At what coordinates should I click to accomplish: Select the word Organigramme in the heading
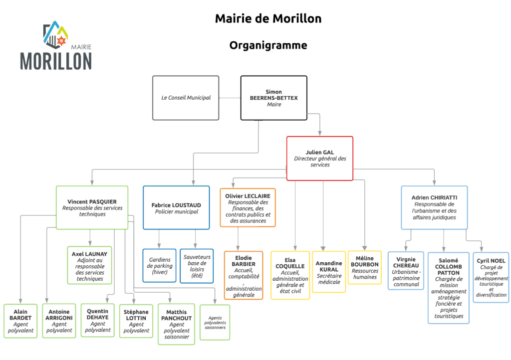(268, 45)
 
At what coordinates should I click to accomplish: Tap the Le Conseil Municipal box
(186, 98)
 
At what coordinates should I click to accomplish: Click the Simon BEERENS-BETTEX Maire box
(273, 98)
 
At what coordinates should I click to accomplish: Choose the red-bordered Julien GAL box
(319, 158)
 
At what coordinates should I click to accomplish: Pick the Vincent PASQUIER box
(92, 207)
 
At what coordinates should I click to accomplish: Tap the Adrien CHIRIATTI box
(434, 207)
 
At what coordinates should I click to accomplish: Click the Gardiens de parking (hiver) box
(160, 266)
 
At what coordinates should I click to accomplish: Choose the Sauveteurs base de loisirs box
(197, 266)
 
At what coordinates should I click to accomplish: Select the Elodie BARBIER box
(244, 275)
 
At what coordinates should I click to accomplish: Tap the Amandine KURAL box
(329, 272)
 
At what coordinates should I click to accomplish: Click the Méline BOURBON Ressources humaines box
(365, 267)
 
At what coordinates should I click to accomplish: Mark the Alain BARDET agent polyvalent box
(20, 321)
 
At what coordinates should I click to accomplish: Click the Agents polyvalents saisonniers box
(215, 322)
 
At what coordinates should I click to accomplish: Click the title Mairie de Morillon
(268, 19)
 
